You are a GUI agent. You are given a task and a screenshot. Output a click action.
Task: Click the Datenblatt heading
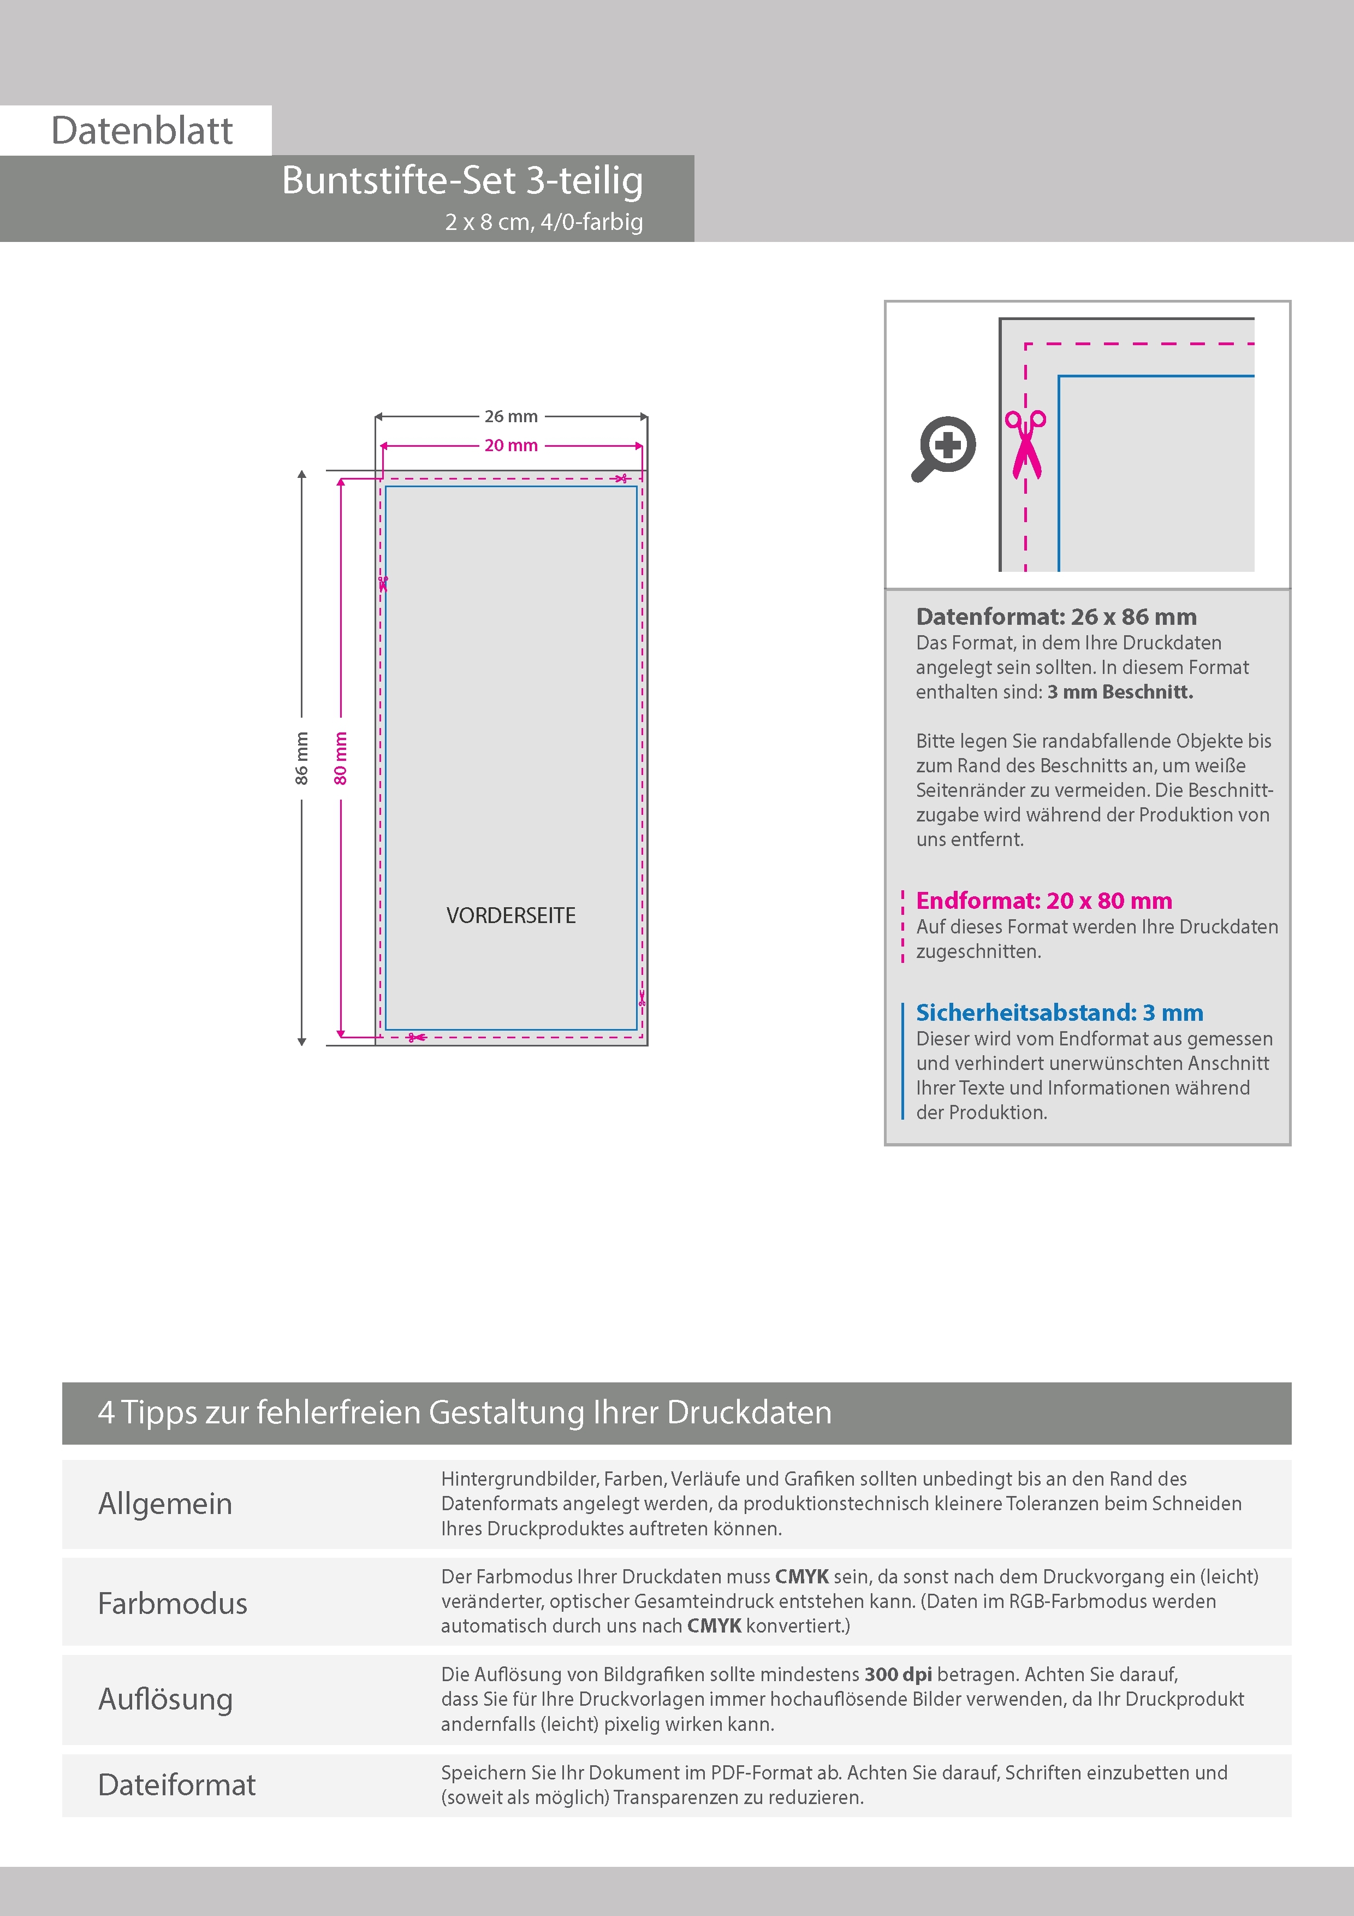[142, 131]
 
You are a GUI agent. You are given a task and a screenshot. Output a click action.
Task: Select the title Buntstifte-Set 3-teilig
[462, 180]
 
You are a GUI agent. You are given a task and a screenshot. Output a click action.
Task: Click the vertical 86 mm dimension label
[302, 758]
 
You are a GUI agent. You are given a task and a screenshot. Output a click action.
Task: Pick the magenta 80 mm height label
[340, 758]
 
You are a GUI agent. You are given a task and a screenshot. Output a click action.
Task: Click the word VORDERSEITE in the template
[510, 915]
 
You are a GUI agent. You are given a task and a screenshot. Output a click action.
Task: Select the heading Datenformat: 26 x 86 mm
[1056, 617]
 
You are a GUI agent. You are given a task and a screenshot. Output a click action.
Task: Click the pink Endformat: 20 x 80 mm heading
[1044, 901]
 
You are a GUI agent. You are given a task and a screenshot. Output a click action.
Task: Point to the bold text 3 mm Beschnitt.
[1120, 692]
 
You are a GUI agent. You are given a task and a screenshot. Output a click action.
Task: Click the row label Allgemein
[165, 1504]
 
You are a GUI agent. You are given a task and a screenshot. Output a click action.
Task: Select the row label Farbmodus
[173, 1603]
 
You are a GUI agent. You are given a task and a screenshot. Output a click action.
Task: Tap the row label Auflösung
[165, 1699]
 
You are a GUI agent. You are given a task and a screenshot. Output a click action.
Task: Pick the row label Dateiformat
[177, 1785]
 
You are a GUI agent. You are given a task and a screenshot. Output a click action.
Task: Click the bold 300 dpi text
[898, 1674]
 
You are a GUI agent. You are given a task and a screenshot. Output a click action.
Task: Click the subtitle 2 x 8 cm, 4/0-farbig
[544, 222]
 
